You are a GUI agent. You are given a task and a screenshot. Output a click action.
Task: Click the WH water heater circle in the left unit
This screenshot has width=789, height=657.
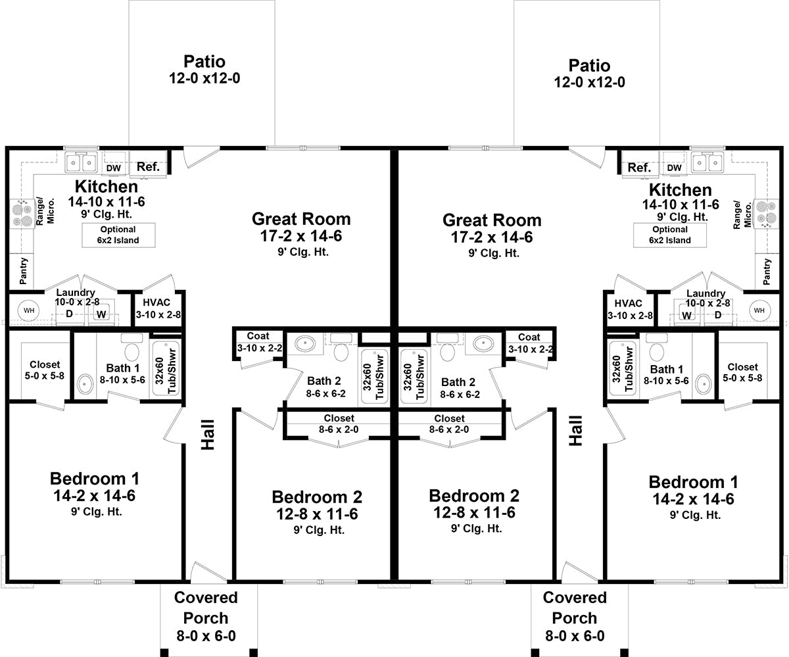[x=29, y=310]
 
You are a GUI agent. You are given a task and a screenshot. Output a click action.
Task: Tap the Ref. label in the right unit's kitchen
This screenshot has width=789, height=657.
[x=639, y=167]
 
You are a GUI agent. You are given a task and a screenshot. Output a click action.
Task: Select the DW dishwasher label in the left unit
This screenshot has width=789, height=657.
[x=113, y=168]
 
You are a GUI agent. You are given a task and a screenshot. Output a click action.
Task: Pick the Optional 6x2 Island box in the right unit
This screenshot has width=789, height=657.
[x=669, y=235]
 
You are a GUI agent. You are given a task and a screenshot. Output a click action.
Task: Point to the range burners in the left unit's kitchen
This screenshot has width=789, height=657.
[x=22, y=214]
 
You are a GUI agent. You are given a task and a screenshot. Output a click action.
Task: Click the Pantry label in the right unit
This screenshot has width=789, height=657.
[x=767, y=272]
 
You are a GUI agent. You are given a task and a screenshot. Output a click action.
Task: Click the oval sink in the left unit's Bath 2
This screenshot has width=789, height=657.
[x=306, y=343]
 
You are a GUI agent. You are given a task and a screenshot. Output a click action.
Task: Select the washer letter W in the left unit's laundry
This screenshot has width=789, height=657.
[x=101, y=314]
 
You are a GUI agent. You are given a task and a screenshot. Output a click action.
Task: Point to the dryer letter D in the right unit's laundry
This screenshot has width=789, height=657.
[x=718, y=314]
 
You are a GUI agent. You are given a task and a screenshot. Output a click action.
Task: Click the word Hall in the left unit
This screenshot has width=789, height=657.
[x=208, y=435]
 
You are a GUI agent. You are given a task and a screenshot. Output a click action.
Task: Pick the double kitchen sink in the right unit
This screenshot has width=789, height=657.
[x=707, y=163]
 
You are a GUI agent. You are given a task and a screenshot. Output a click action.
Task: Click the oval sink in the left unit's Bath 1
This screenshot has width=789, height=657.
[x=85, y=384]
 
